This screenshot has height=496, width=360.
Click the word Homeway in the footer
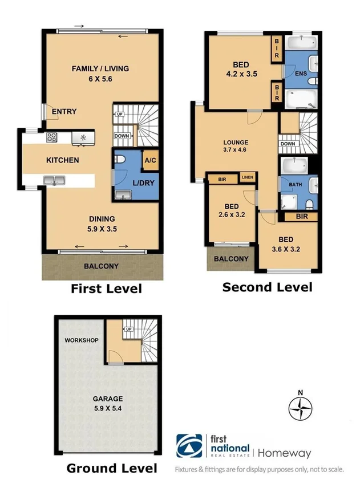pos(285,453)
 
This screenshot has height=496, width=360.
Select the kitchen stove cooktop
pos(52,137)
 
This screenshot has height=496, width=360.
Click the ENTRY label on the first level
pos(64,112)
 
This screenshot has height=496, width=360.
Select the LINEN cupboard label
pos(247,178)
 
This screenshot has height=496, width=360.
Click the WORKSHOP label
pos(81,340)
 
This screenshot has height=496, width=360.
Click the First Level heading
pos(106,289)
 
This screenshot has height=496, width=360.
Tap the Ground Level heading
pos(112,469)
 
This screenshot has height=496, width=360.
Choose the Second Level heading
pos(267,287)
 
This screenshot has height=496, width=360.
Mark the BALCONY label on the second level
pos(231,259)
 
